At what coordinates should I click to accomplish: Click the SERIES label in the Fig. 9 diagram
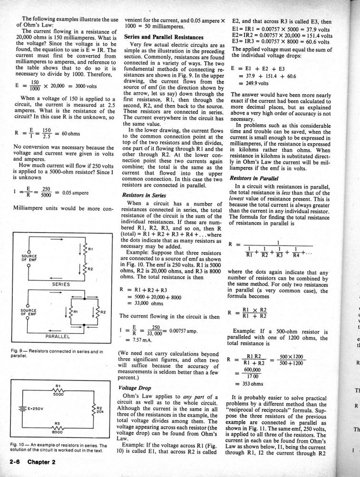pyautogui.click(x=61, y=284)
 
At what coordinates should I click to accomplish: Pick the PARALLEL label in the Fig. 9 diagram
pyautogui.click(x=58, y=336)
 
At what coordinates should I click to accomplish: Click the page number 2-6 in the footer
pyautogui.click(x=16, y=462)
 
